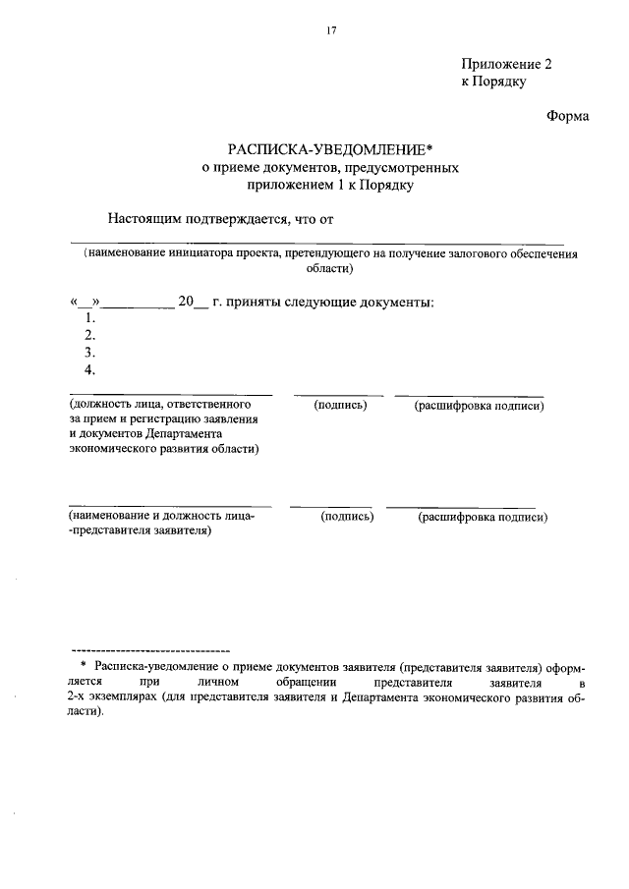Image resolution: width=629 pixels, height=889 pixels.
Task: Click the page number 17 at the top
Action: coord(331,30)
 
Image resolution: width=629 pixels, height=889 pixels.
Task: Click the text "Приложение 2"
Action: coord(507,64)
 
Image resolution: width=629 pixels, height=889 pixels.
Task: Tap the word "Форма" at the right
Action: coord(567,117)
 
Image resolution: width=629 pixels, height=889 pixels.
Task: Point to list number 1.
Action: coord(89,317)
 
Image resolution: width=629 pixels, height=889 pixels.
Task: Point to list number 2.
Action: coord(89,335)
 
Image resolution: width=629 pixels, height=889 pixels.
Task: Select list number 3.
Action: coord(89,352)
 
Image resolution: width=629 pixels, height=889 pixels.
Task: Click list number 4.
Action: coord(89,369)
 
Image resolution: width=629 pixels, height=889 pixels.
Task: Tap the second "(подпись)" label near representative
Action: coord(347,516)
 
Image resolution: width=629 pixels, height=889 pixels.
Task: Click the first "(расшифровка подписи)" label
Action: coord(479,405)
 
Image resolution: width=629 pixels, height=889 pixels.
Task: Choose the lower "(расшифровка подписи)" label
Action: coord(482,516)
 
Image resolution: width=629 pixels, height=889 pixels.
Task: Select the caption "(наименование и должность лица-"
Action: coord(161,516)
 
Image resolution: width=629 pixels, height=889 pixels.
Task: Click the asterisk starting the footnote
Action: coord(84,666)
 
